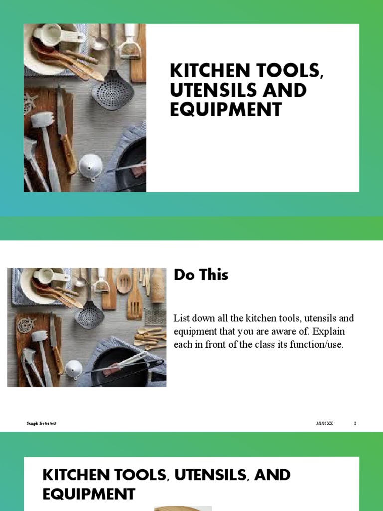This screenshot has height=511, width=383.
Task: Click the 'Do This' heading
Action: coord(200,275)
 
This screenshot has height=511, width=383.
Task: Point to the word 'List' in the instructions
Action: coord(181,318)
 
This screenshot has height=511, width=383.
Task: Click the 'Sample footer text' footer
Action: coord(41,423)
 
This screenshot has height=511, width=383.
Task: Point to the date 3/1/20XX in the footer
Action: coord(324,423)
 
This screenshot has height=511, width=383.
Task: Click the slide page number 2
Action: coord(355,423)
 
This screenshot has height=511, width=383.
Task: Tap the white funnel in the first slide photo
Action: coord(91,165)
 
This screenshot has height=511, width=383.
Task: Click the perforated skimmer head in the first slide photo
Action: coord(112,90)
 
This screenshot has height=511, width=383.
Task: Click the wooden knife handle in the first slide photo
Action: coord(68,154)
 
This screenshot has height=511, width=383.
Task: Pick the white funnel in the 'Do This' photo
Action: coord(74,369)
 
